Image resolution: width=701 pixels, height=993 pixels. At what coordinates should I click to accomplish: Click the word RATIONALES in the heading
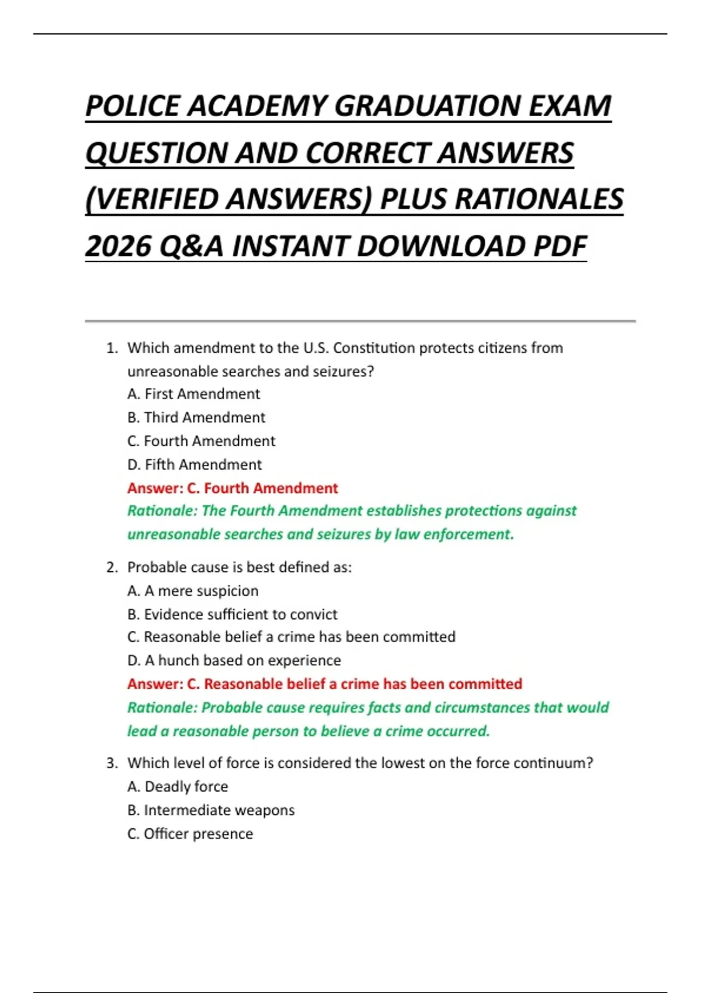point(539,199)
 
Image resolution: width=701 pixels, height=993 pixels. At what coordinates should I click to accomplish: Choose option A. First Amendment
point(193,394)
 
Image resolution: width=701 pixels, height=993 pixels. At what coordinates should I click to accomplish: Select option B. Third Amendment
point(196,418)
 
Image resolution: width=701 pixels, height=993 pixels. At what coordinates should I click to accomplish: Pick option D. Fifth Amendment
point(195,465)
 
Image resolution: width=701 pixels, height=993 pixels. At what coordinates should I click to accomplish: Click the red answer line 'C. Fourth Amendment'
point(232,488)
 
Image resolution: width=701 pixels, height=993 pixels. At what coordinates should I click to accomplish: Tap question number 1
point(112,348)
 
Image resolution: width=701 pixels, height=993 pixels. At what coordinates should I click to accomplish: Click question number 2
point(112,568)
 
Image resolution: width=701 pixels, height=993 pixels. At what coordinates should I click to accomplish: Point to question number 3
point(112,763)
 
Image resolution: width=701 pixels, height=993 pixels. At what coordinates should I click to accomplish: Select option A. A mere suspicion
point(193,591)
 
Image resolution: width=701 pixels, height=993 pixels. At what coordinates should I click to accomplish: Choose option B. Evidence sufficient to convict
point(232,614)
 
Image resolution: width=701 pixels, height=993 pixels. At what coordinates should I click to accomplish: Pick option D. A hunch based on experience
point(234,661)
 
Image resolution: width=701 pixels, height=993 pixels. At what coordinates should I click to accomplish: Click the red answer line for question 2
point(325,684)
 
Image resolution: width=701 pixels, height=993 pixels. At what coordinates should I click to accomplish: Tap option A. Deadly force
point(178,787)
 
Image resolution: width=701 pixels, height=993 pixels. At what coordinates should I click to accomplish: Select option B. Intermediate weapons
point(211,810)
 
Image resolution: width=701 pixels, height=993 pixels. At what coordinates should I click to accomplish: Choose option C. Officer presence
point(190,834)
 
